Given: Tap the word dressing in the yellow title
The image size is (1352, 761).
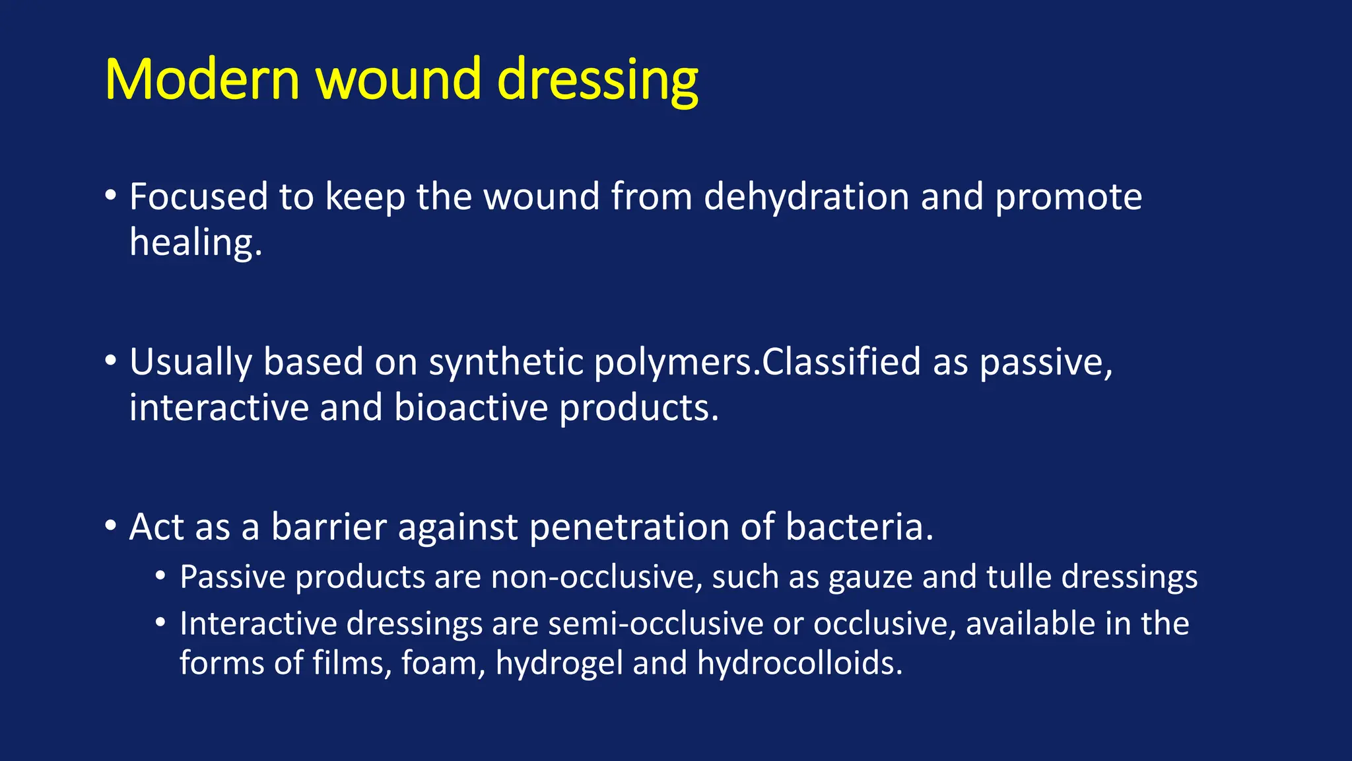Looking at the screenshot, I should tap(597, 81).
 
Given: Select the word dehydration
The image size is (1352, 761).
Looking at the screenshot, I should tap(806, 197).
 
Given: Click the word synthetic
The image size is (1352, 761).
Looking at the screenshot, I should tap(505, 362).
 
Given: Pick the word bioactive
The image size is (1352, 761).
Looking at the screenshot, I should tap(471, 408).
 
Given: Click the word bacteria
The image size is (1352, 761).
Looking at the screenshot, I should tap(859, 527).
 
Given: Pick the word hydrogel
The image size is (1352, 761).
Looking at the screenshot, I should tap(558, 663).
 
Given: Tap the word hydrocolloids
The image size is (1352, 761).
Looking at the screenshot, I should tap(799, 663).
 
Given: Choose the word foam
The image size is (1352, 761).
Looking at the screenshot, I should tap(442, 663).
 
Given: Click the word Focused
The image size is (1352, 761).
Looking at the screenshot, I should tap(198, 197).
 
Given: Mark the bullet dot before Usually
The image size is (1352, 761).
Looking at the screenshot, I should tap(111, 361).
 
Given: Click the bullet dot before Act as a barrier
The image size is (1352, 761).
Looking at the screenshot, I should tap(111, 526).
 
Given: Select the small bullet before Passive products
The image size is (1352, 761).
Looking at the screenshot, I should tap(160, 577).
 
